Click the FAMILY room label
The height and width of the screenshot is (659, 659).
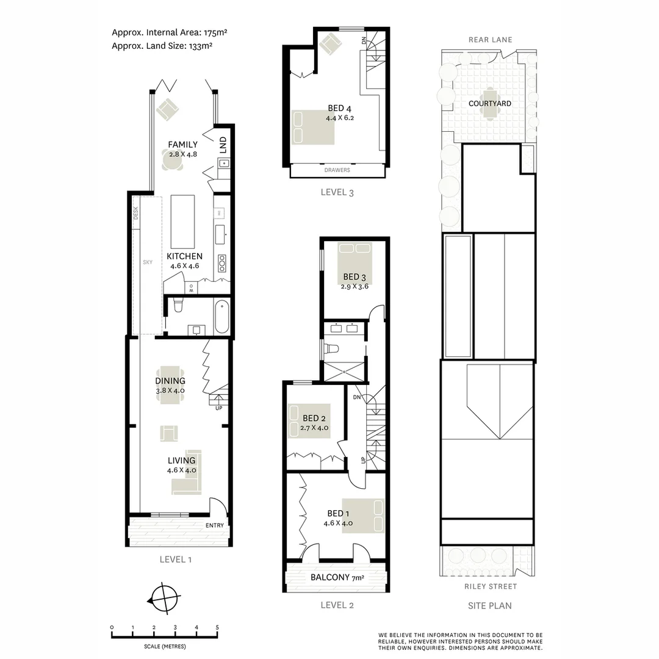point(183,145)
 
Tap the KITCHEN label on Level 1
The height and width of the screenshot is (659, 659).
point(184,256)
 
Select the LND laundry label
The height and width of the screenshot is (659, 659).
point(223,145)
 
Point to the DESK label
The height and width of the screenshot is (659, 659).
point(136,212)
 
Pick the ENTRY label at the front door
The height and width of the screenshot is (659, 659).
point(215,526)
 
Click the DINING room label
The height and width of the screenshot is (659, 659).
point(170,381)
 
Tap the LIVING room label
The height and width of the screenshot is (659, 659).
point(181,460)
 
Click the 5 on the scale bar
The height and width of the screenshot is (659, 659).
point(217,627)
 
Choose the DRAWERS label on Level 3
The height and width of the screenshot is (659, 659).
point(337,171)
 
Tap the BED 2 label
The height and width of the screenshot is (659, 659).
point(314,418)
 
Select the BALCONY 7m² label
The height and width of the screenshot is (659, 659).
point(337,577)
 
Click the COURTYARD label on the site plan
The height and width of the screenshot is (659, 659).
point(490,104)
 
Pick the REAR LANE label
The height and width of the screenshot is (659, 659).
point(490,40)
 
